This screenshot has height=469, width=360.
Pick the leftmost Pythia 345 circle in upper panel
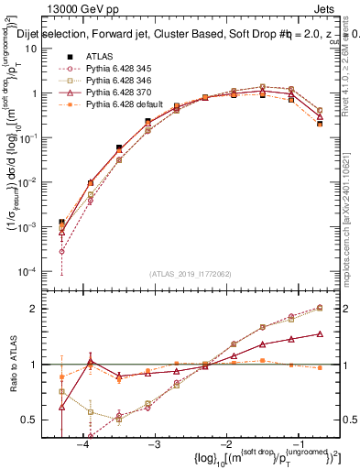coord(61,251)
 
